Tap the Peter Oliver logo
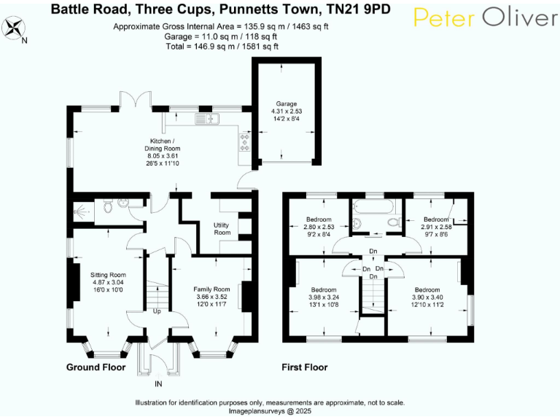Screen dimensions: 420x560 485,18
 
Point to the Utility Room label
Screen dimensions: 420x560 222,228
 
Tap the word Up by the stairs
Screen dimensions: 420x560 157,312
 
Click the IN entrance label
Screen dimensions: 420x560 159,384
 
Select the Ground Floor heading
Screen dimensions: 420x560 96,367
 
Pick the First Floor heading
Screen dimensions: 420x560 304,367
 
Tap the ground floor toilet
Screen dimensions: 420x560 107,207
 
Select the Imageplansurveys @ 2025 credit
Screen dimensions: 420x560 269,410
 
